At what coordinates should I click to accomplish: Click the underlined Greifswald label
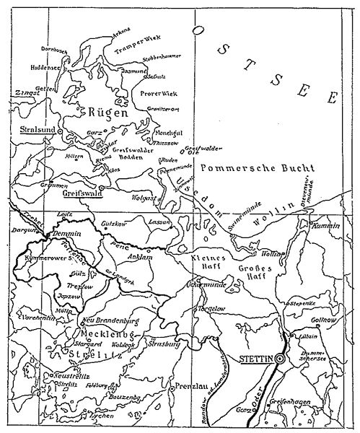pyautogui.click(x=81, y=193)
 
